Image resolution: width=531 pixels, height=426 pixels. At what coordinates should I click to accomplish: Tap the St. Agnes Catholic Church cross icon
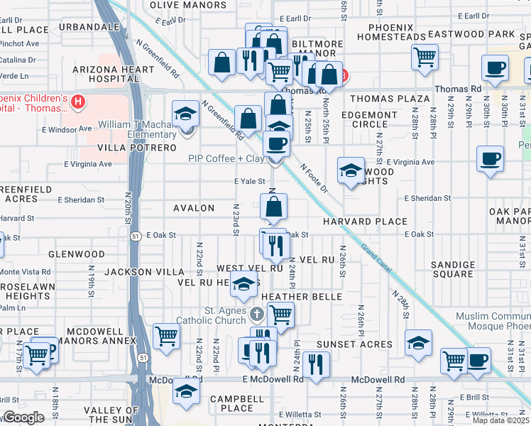click(257, 313)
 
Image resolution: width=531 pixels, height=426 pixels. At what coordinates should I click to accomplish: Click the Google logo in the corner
click(23, 417)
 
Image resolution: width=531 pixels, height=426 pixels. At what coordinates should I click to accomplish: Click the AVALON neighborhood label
click(194, 208)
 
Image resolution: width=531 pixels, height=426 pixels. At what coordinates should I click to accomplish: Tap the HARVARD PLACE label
click(365, 222)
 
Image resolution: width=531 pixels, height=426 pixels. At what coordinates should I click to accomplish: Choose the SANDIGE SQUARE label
click(453, 269)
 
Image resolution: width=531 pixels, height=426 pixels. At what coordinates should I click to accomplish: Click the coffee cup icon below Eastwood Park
click(495, 68)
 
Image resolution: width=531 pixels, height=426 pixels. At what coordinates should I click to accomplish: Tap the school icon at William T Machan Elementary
click(185, 113)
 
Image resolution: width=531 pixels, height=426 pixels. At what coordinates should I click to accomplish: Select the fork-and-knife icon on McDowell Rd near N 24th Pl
click(316, 364)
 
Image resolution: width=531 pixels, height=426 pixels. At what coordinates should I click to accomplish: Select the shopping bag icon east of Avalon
click(273, 207)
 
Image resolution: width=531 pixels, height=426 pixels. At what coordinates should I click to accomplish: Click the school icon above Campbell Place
click(187, 392)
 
